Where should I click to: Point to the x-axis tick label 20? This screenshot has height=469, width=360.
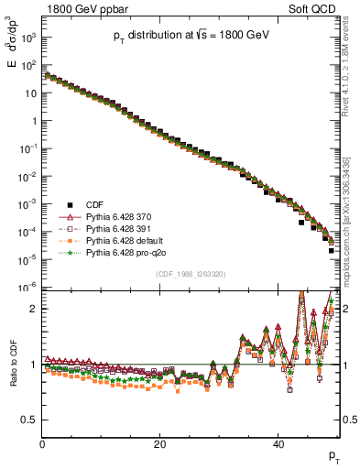(x=159, y=444)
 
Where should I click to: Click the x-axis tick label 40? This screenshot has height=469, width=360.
(x=278, y=444)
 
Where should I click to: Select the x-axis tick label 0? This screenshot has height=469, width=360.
(x=42, y=444)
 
